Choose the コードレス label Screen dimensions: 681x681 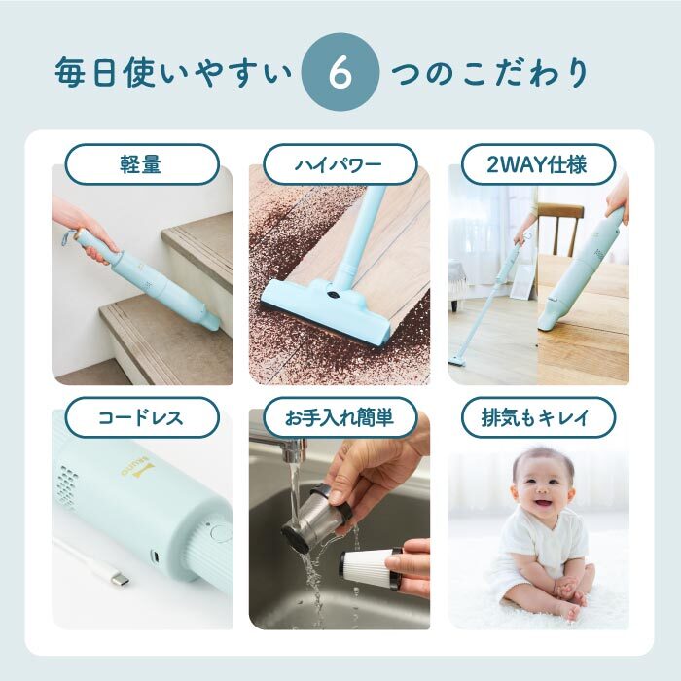(142, 417)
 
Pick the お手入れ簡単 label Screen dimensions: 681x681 (340, 417)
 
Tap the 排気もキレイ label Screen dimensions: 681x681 (538, 417)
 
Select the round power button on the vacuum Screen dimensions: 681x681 (220, 533)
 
